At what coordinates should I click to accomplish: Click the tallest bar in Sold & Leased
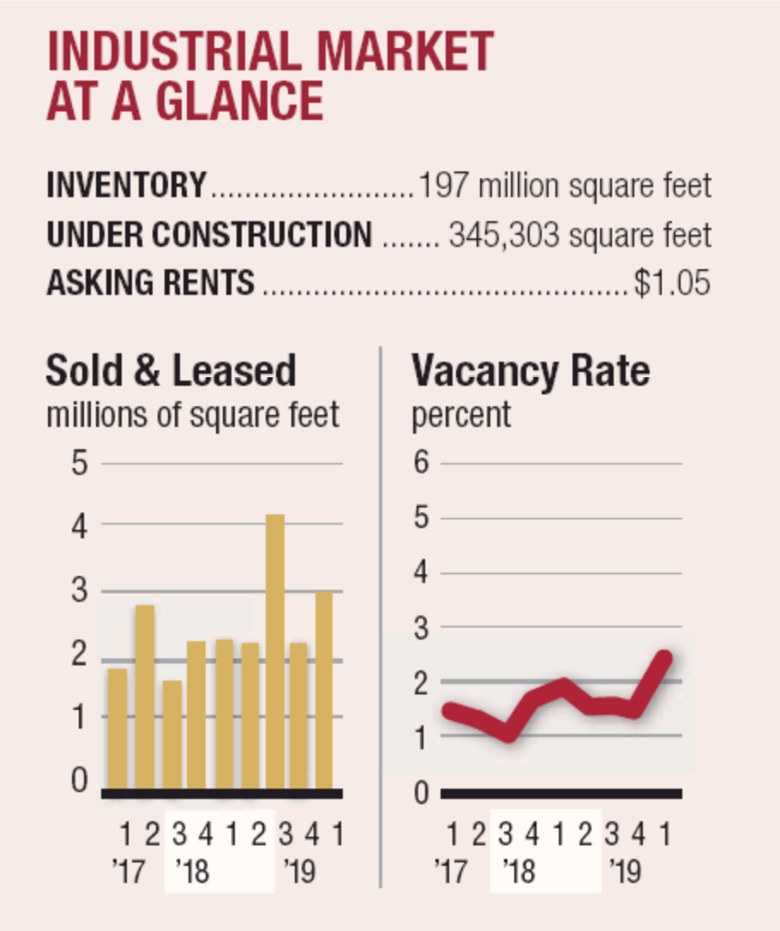(274, 652)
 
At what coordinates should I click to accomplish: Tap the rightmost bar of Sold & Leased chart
(324, 690)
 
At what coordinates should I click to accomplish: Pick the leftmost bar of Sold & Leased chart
(117, 729)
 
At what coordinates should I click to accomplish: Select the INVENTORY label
(127, 185)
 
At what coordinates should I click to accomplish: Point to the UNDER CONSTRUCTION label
(210, 234)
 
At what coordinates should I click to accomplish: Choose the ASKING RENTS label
(151, 282)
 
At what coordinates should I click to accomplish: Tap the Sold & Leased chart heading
(171, 371)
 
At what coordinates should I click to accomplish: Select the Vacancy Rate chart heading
(531, 371)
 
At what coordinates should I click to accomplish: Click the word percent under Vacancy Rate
(461, 415)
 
